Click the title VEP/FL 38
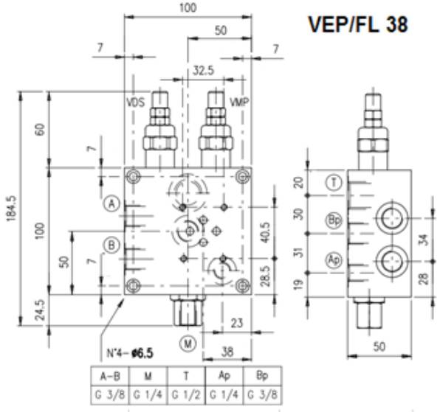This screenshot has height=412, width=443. [357, 24]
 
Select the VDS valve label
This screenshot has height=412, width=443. [135, 102]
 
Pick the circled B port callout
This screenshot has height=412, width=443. [111, 245]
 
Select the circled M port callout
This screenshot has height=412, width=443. [188, 343]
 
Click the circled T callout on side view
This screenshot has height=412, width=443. [334, 184]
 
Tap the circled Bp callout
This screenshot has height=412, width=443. [334, 219]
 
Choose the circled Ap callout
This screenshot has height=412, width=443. [334, 259]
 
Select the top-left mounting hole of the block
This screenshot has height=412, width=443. [133, 176]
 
